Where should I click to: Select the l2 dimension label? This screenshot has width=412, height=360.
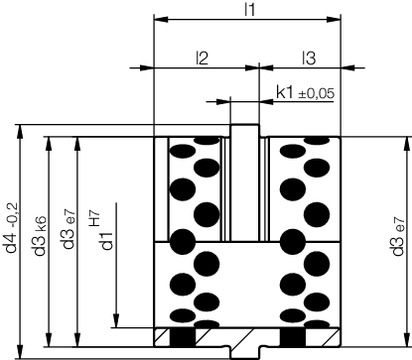coord(201,58)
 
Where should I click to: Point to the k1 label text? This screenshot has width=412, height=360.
coord(283,93)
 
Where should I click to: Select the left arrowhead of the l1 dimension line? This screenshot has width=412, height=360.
coord(158,19)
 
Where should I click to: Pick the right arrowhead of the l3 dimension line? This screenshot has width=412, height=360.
coord(353,69)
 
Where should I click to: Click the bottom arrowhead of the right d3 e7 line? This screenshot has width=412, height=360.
coord(405,337)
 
